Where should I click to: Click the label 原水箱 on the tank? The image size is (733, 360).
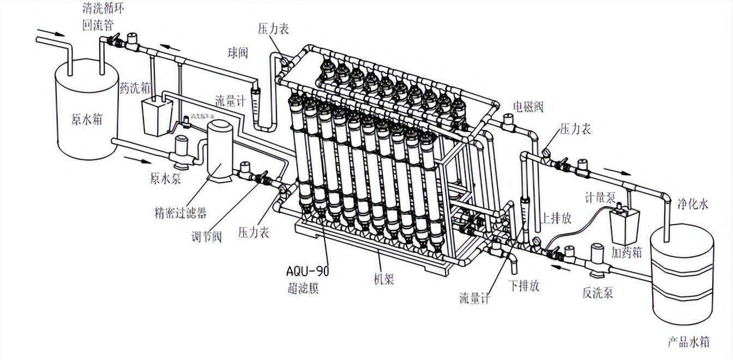(x=87, y=118)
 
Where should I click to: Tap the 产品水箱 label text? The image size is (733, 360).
(x=688, y=343)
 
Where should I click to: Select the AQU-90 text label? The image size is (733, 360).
(x=308, y=271)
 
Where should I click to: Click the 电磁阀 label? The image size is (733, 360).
(x=528, y=106)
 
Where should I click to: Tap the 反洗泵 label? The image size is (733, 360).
(x=598, y=293)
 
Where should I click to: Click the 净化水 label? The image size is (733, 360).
(x=693, y=205)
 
